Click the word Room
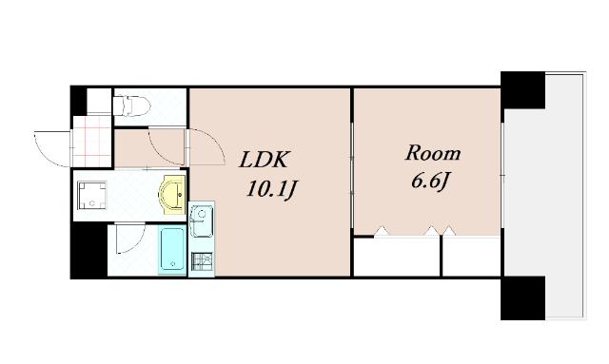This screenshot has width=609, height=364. (x=433, y=153)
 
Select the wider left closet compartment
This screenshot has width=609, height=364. (x=396, y=256)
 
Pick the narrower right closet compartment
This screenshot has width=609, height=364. (x=471, y=256)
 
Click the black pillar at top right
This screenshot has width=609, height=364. (x=522, y=90)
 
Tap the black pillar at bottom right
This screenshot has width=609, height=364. (x=522, y=297)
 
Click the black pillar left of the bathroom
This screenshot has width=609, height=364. (x=89, y=250)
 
